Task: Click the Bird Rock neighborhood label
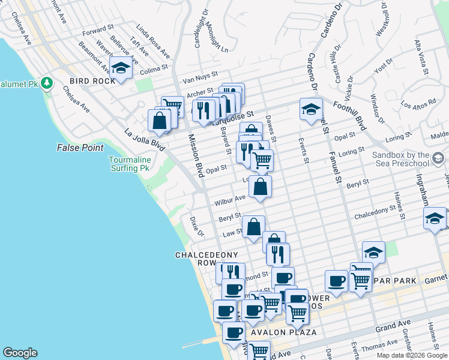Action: [x=92, y=81]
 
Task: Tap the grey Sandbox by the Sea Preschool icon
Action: [x=438, y=158]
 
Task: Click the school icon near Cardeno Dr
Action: [x=311, y=109]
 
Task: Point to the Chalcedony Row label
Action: [x=203, y=259]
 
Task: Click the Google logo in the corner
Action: [x=20, y=353]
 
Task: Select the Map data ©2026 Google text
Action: [x=412, y=355]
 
